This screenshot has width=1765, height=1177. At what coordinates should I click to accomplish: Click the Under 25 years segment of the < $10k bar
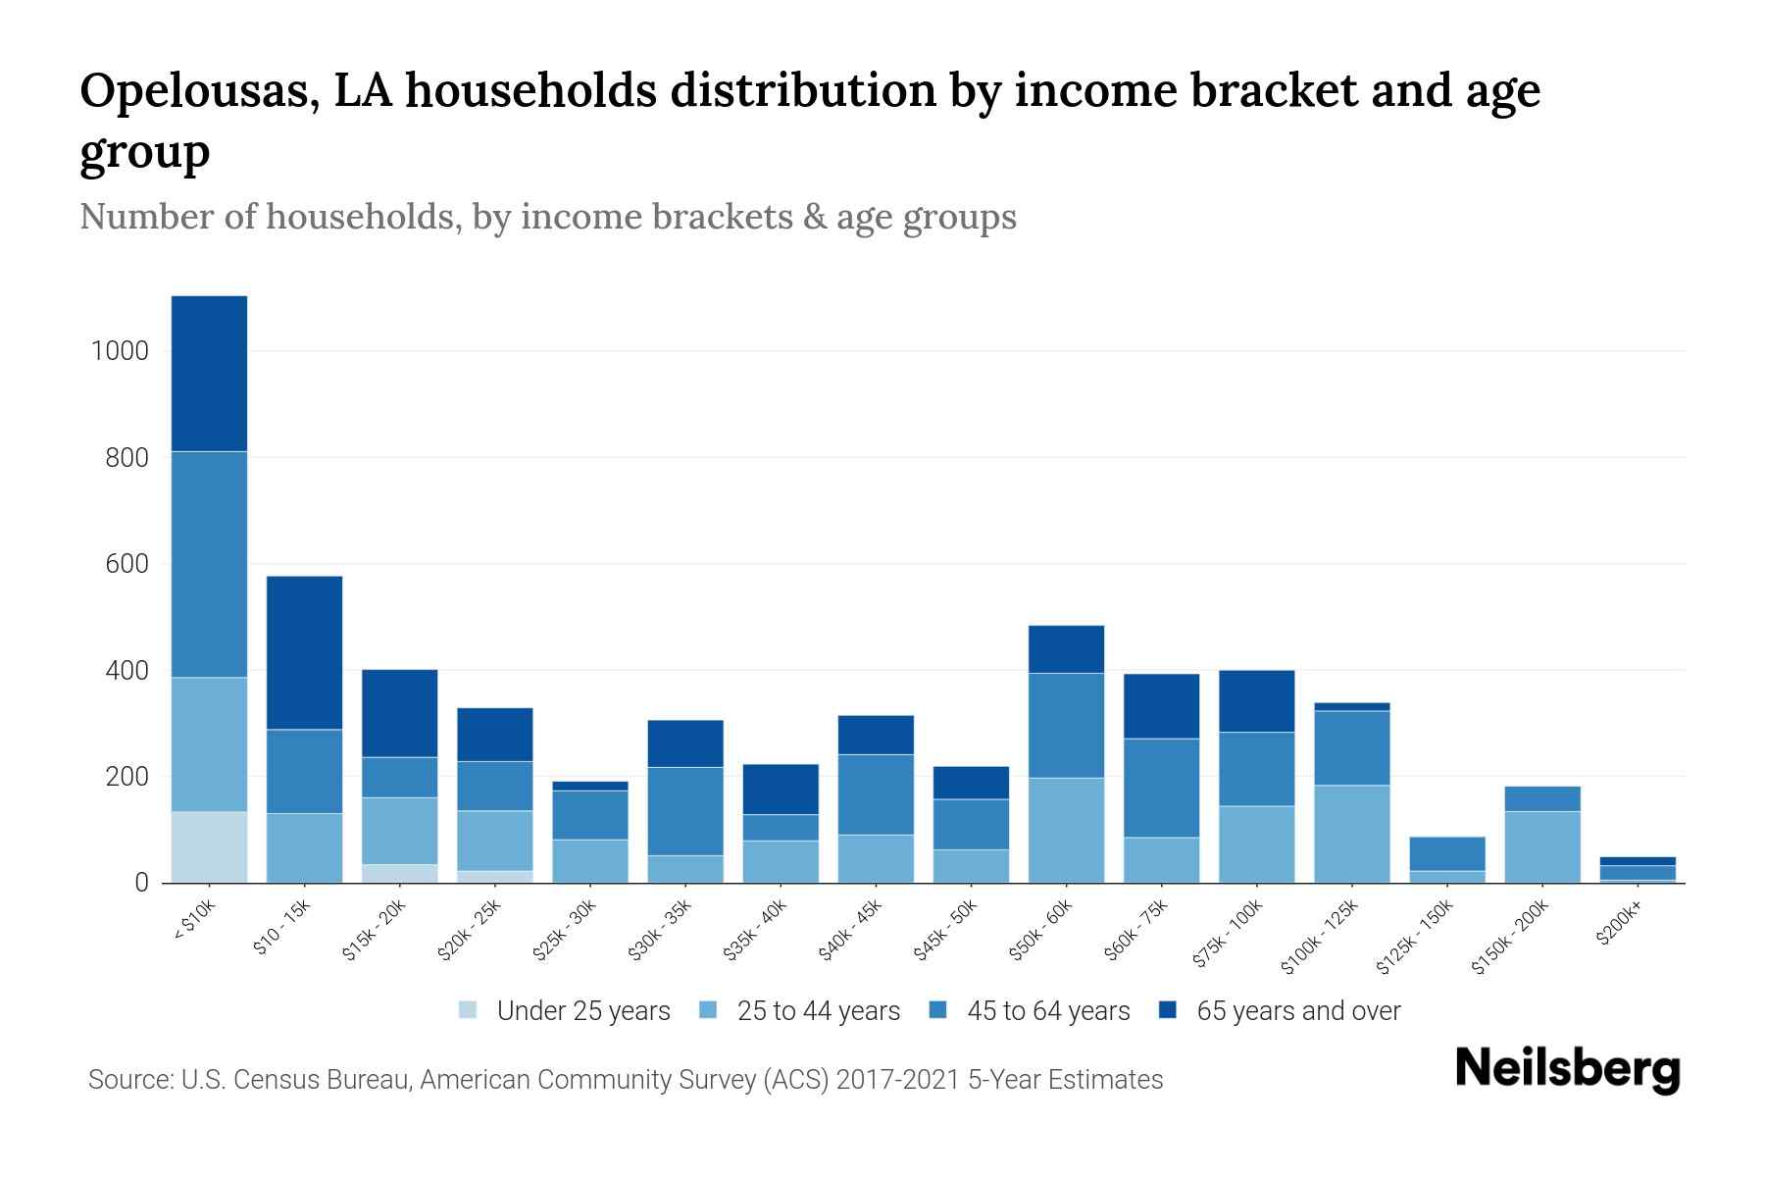coord(209,846)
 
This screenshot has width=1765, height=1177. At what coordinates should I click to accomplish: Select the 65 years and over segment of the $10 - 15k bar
coord(304,652)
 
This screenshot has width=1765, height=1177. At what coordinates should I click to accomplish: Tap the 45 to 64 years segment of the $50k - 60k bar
coord(1066,725)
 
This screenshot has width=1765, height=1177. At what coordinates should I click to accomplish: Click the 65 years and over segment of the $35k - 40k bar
coord(781,789)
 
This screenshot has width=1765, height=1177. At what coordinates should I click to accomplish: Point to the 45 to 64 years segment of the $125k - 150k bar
coord(1447,853)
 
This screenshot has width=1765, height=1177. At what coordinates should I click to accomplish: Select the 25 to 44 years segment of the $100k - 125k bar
coord(1352,834)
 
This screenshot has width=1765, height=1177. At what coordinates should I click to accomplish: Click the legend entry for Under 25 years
coord(583,1011)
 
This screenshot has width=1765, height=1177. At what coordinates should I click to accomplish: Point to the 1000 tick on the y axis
coord(120,351)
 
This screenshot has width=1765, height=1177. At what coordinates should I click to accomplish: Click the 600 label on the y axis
coord(127,564)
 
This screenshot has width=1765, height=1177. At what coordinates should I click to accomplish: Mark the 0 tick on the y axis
coord(141,883)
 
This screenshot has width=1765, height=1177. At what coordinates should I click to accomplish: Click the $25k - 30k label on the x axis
coord(565,931)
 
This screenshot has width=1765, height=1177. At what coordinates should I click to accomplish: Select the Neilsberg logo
coord(1568,1068)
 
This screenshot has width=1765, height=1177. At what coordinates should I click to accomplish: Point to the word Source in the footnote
coord(128,1080)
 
